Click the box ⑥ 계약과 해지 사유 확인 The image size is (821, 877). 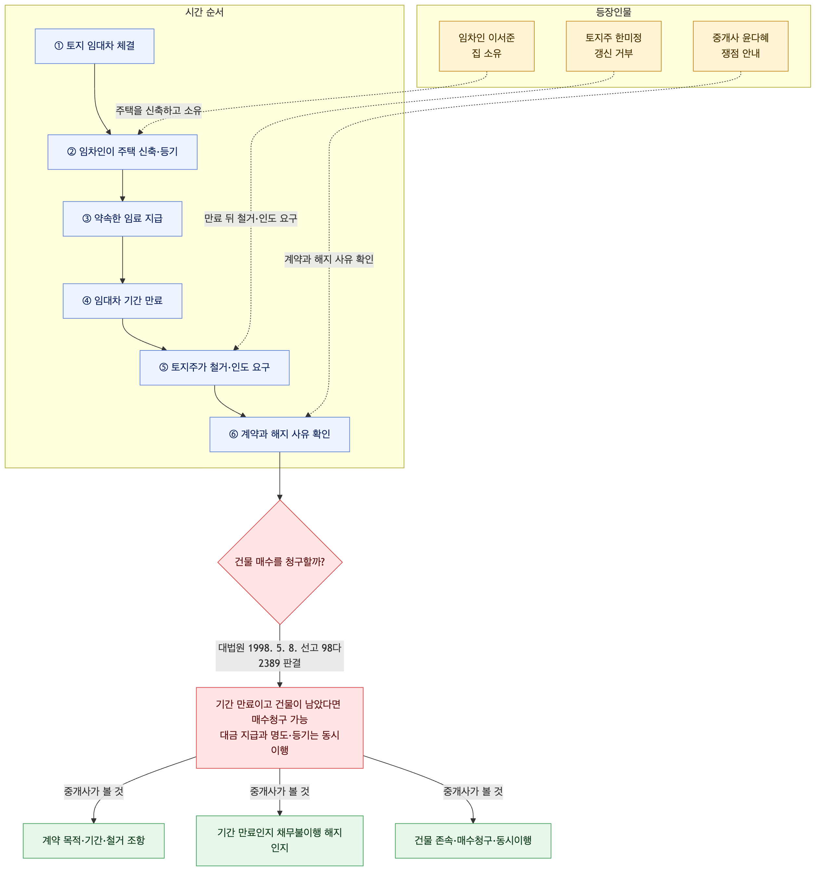[x=280, y=435]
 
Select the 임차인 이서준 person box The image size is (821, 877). [x=486, y=46]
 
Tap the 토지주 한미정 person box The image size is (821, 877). [x=614, y=46]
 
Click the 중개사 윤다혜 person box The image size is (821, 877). [x=741, y=46]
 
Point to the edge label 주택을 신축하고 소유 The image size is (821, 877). [x=159, y=110]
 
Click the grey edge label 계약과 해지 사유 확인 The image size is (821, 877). [x=329, y=260]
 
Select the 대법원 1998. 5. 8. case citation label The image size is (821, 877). [x=280, y=655]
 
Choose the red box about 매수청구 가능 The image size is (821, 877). [x=280, y=728]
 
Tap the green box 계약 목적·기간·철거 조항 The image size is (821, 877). [x=94, y=841]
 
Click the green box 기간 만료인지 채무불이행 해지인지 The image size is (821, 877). [x=280, y=841]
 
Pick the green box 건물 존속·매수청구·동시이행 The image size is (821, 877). [x=473, y=841]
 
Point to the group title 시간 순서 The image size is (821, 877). [x=204, y=12]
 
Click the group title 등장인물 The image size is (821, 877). [x=614, y=12]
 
